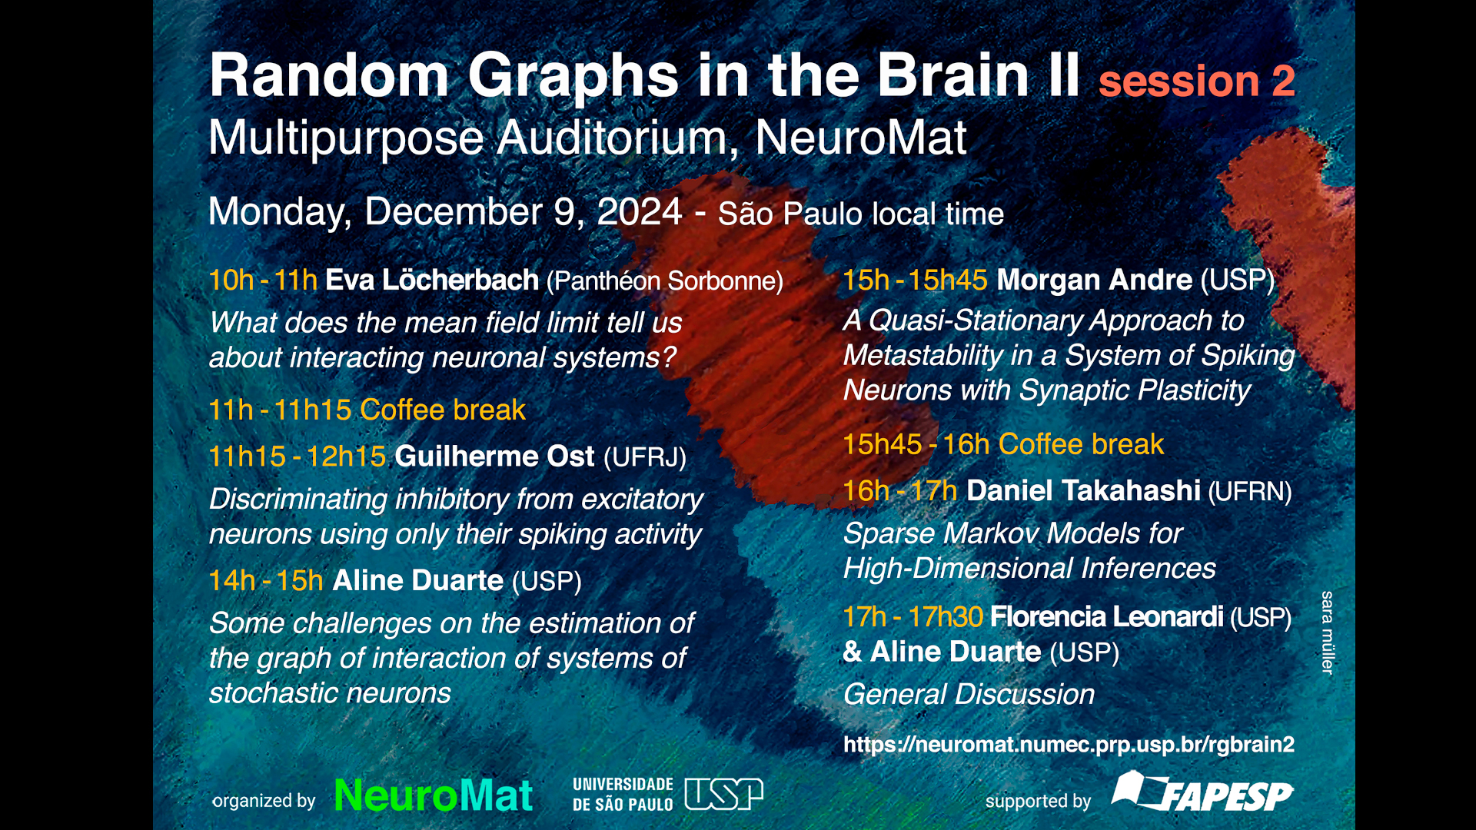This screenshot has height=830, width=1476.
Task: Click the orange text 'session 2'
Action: click(1197, 81)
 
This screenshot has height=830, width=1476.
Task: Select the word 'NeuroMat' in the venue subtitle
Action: click(860, 138)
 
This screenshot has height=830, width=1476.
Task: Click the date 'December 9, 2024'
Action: click(523, 211)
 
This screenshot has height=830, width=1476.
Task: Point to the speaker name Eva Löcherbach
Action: click(431, 281)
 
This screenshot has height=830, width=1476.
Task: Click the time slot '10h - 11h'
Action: click(263, 281)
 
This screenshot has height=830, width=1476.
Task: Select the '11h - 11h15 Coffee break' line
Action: click(367, 410)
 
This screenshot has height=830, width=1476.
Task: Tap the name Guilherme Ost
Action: click(494, 456)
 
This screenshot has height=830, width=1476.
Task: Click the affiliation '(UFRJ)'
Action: click(645, 457)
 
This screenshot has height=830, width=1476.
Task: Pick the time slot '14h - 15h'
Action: click(266, 581)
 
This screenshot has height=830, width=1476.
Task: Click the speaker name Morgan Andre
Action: click(1094, 281)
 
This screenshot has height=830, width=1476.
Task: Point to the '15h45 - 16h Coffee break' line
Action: click(1003, 445)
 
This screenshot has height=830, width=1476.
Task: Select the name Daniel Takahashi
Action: click(1083, 490)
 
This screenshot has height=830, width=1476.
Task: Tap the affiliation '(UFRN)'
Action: click(1250, 492)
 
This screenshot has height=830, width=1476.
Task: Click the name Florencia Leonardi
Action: click(1106, 617)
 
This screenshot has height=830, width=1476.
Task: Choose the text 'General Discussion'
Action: click(969, 695)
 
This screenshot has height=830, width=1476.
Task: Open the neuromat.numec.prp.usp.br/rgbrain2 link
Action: click(1069, 745)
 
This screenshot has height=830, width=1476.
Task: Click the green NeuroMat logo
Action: click(434, 795)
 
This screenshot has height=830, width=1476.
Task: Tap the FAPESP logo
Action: click(1202, 792)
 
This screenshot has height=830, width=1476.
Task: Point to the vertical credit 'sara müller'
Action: click(1327, 632)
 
